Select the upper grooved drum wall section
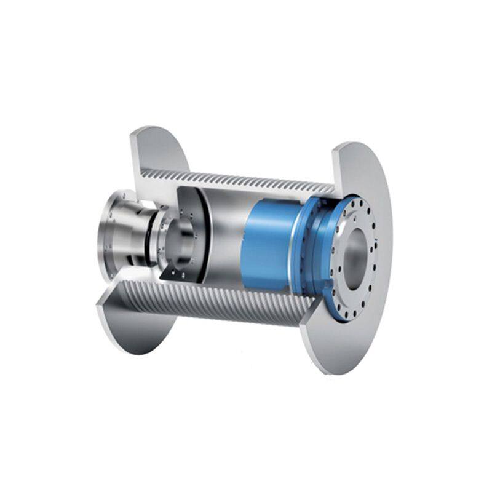click(246, 179)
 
